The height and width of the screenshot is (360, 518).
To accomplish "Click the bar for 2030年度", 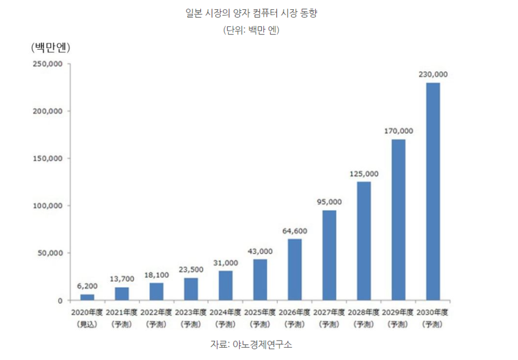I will coord(433,192).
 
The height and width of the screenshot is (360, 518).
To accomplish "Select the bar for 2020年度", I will coord(87,297).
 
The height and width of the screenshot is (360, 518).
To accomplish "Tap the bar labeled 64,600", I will coord(295,269).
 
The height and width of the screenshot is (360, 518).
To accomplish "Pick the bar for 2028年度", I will coord(364,241).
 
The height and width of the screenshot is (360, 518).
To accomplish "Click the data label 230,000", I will coord(433,74).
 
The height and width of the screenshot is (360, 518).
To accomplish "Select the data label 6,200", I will coord(87,286).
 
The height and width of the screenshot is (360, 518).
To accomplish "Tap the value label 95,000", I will coord(329,202).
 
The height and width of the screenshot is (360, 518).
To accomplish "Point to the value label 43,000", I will coord(260,251).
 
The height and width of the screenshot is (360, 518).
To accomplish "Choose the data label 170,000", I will coord(398,131).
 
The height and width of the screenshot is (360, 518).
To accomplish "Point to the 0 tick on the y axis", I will coord(60,300).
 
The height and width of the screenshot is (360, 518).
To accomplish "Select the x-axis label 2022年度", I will coord(156,313).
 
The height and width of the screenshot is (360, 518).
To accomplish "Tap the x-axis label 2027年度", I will coord(329,313).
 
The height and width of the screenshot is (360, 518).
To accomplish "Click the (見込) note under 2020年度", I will coord(87,324).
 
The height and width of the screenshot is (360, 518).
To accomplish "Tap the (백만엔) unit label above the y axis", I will coord(51,47).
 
